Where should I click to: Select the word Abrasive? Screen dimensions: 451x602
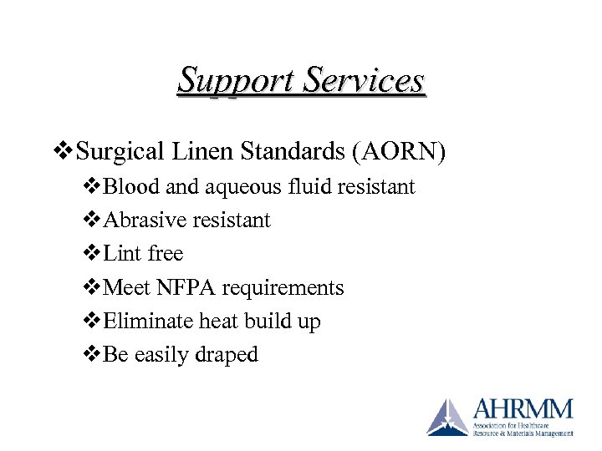click(138, 220)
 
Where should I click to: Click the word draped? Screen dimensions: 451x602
click(227, 355)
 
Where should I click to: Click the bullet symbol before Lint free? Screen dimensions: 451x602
click(92, 254)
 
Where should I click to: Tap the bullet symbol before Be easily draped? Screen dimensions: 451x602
click(92, 354)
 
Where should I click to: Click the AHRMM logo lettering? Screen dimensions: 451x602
click(522, 409)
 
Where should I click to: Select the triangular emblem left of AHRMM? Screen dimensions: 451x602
click(447, 418)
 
